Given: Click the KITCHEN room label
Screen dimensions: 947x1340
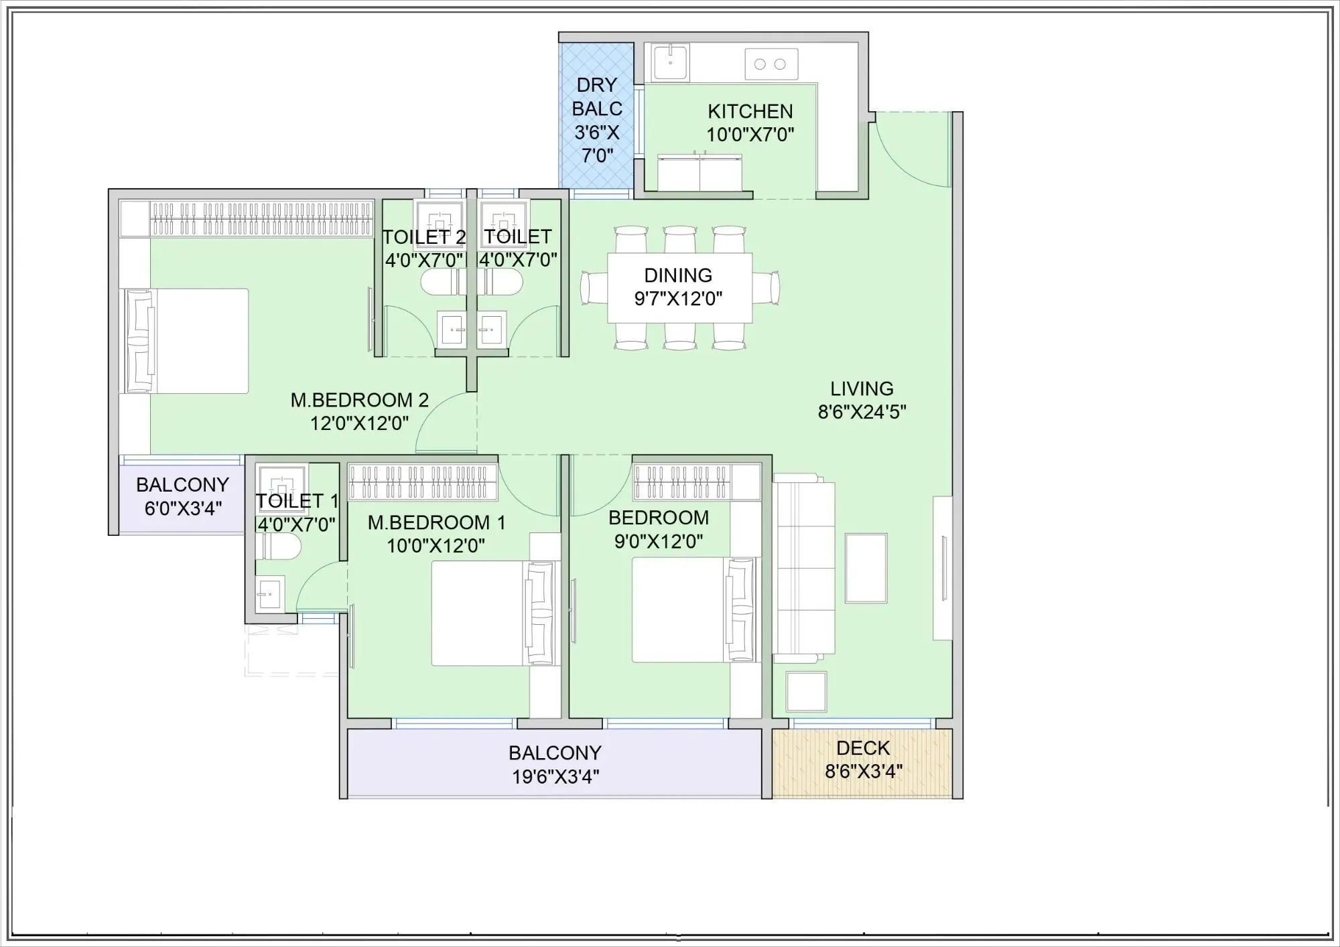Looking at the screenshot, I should (x=750, y=111).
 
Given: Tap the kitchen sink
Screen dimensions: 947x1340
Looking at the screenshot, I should (x=669, y=63).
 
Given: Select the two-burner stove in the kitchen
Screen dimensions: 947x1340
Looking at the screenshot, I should (x=770, y=64).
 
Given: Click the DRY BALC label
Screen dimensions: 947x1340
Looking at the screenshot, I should (x=596, y=97).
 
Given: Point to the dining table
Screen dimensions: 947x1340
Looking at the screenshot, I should (x=679, y=288).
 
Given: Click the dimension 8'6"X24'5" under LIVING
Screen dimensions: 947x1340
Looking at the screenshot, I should (x=862, y=412).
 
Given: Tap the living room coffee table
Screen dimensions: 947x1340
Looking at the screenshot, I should (x=866, y=568).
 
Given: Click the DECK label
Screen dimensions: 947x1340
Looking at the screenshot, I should (x=863, y=748).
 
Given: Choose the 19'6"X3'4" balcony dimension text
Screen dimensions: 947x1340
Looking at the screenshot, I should (x=555, y=777).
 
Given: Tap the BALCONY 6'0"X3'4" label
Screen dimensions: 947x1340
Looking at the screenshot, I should (x=182, y=496).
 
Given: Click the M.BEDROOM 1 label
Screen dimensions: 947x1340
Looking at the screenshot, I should (x=435, y=522).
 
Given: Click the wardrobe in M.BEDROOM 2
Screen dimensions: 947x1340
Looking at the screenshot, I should (x=247, y=218).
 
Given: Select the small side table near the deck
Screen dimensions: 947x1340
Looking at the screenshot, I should (x=806, y=692).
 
